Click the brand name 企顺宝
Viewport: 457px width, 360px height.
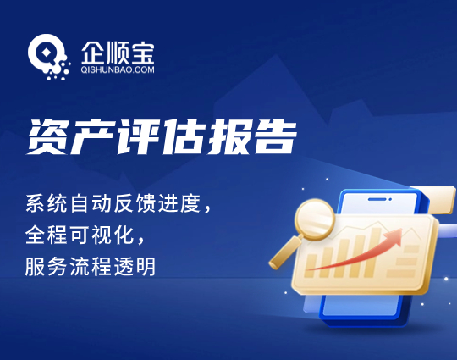pyautogui.click(x=118, y=53)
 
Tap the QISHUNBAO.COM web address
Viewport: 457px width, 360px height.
pyautogui.click(x=118, y=69)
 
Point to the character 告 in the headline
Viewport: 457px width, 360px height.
pyautogui.click(x=274, y=136)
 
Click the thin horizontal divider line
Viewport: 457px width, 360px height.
pyautogui.click(x=183, y=174)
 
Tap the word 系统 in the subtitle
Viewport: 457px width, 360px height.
pyautogui.click(x=47, y=203)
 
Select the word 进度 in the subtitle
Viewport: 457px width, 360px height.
pyautogui.click(x=179, y=203)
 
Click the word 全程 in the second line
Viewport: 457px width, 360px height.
pyautogui.click(x=47, y=235)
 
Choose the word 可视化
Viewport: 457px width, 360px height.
pyautogui.click(x=113, y=235)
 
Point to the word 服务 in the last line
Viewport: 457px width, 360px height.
pyautogui.click(x=47, y=266)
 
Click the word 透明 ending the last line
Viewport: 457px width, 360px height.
pyautogui.click(x=135, y=266)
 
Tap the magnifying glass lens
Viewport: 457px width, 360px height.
pyautogui.click(x=315, y=219)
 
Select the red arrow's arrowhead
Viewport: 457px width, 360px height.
pyautogui.click(x=394, y=235)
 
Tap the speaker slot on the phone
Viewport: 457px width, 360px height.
pyautogui.click(x=377, y=199)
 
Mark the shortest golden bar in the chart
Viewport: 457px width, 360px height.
pyautogui.click(x=311, y=265)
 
